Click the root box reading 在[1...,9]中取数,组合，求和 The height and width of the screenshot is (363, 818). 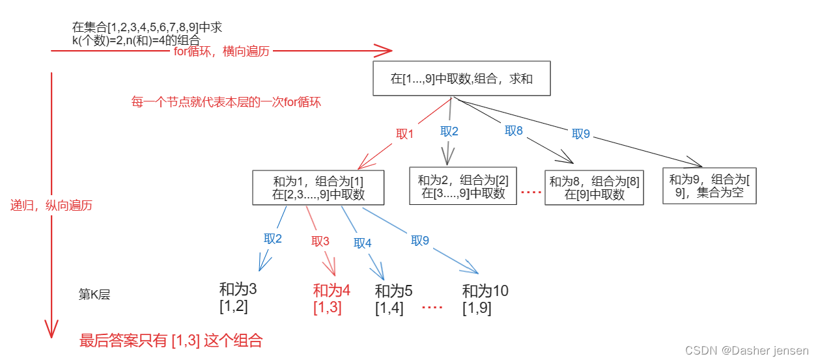[x=462, y=79]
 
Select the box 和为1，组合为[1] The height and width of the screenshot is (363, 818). [x=318, y=187]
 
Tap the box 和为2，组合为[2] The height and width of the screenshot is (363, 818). [x=462, y=186]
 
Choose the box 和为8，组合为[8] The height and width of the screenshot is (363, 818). [x=594, y=188]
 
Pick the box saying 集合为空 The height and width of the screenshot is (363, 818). [x=709, y=186]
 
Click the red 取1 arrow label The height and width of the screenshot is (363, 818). [x=405, y=134]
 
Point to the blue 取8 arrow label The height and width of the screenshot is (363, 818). [x=514, y=130]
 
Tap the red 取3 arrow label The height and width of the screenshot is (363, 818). [x=320, y=241]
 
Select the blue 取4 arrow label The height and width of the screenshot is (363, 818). [x=363, y=243]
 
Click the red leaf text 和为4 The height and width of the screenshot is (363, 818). [x=331, y=291]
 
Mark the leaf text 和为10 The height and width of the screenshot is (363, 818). [x=485, y=291]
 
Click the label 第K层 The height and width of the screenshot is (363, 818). [x=94, y=294]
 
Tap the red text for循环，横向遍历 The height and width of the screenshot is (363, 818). [x=221, y=51]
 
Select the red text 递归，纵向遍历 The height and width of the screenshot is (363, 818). [x=51, y=205]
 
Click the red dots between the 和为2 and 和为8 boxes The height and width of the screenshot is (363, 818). [x=531, y=193]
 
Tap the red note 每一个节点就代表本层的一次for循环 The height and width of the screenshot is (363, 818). [x=225, y=102]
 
